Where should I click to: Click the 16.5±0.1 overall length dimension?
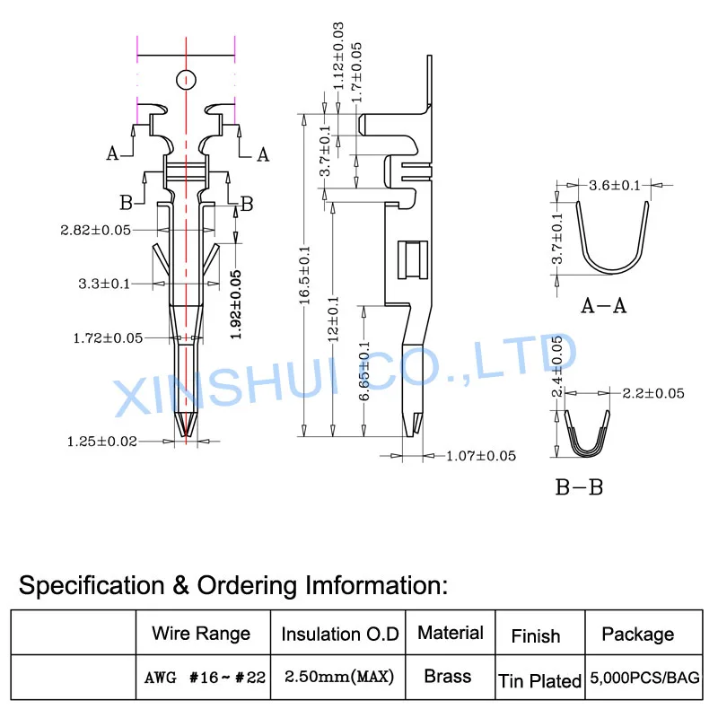pyautogui.click(x=305, y=276)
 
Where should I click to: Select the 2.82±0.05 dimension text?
pyautogui.click(x=96, y=230)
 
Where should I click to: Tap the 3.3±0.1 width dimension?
pyautogui.click(x=104, y=284)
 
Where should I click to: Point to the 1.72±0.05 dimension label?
pyautogui.click(x=108, y=338)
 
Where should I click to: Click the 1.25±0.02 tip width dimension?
pyautogui.click(x=102, y=442)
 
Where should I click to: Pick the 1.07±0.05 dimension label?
pyautogui.click(x=481, y=456)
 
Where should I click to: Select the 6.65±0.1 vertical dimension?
pyautogui.click(x=364, y=371)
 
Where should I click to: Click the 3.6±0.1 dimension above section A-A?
pyautogui.click(x=615, y=186)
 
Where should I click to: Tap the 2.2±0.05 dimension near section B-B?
pyautogui.click(x=653, y=393)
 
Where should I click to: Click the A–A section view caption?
pyautogui.click(x=603, y=305)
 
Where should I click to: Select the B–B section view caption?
pyautogui.click(x=579, y=487)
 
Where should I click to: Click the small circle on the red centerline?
pyautogui.click(x=186, y=80)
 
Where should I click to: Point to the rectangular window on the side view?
pyautogui.click(x=413, y=259)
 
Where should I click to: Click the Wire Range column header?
pyautogui.click(x=201, y=634)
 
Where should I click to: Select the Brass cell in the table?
pyautogui.click(x=447, y=677)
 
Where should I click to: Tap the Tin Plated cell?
pyautogui.click(x=539, y=681)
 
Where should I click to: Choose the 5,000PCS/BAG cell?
pyautogui.click(x=644, y=678)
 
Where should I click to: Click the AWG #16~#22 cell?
pyautogui.click(x=205, y=678)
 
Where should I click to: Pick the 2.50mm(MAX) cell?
pyautogui.click(x=339, y=677)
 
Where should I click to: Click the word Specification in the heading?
pyautogui.click(x=92, y=586)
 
